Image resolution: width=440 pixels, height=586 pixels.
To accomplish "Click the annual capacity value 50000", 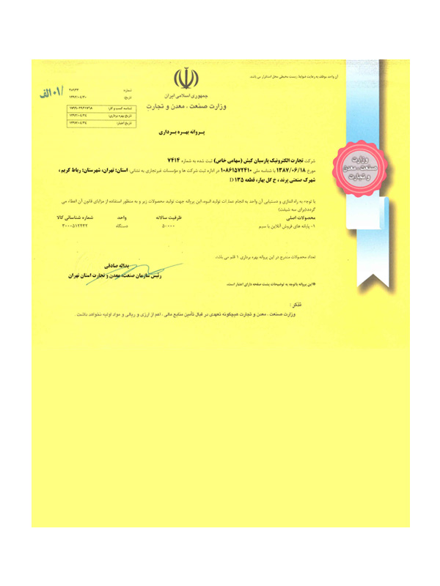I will tap(168, 226).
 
